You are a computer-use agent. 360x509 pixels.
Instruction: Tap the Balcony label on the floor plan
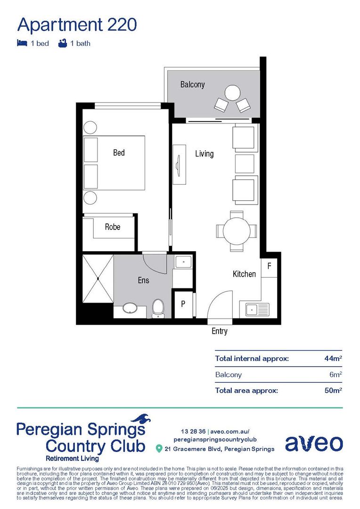[x=192, y=85]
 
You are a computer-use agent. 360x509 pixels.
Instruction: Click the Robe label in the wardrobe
[x=112, y=227]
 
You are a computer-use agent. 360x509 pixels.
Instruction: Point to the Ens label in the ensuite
[x=143, y=280]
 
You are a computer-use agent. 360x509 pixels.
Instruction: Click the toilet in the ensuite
[x=158, y=308]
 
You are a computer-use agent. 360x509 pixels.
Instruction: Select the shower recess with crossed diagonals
[x=98, y=279]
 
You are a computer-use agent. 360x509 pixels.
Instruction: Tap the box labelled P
[x=183, y=304]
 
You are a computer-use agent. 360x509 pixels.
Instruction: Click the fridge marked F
[x=269, y=266]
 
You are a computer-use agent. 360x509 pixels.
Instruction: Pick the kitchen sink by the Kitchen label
[x=256, y=310]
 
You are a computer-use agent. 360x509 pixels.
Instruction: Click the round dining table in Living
[x=236, y=231]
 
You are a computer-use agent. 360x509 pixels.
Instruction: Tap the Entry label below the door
[x=219, y=331]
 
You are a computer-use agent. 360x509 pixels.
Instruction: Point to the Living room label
[x=204, y=154]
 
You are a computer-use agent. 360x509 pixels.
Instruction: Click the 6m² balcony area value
[x=335, y=375]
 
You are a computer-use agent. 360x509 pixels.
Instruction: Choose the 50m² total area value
[x=333, y=390]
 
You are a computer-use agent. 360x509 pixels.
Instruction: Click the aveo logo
[x=313, y=443]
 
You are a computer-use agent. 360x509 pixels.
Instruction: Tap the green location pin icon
[x=159, y=448]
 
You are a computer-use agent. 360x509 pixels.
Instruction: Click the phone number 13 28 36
[x=193, y=431]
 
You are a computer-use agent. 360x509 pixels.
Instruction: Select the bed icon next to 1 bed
[x=22, y=43]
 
